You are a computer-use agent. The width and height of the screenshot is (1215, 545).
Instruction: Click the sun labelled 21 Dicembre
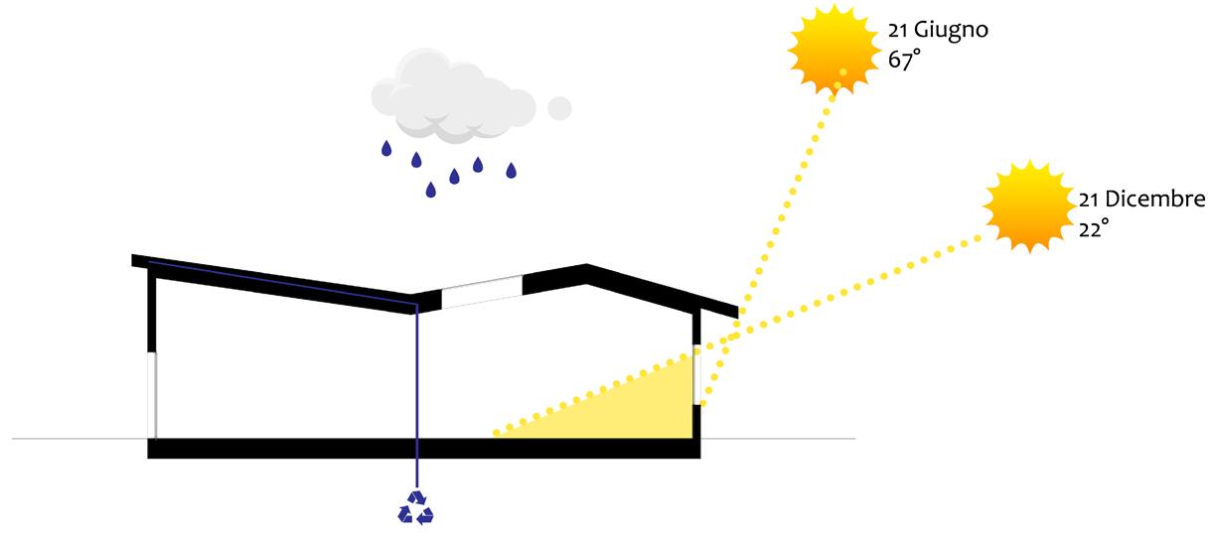click(1029, 206)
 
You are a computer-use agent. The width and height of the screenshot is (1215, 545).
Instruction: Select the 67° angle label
click(904, 60)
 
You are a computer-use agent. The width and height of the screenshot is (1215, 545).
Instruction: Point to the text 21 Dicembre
click(1141, 200)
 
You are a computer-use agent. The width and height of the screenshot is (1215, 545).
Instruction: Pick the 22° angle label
click(1094, 229)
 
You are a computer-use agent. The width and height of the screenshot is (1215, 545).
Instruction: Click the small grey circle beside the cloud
click(560, 107)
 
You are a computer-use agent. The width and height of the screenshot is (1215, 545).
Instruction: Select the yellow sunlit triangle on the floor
click(636, 412)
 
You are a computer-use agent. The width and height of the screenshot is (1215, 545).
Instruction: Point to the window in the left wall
click(152, 393)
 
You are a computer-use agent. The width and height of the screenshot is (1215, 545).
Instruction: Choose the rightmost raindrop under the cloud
click(512, 171)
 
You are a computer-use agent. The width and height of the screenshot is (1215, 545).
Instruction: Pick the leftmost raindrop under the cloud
click(385, 149)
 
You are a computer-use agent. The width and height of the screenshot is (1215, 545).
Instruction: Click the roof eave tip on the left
click(134, 260)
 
